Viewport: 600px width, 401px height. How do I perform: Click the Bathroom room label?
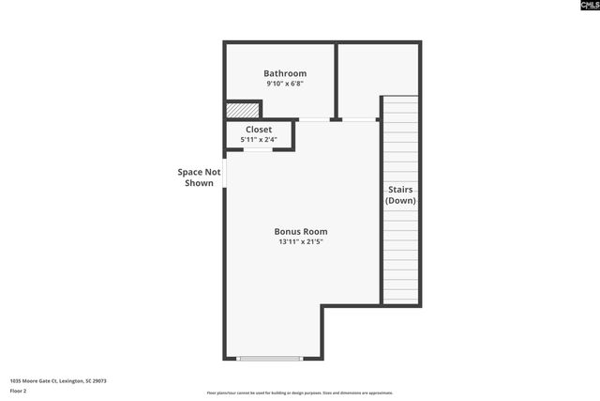tap(284, 73)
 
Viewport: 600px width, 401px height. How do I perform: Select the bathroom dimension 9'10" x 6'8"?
tap(284, 84)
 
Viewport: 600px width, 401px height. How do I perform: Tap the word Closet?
tap(259, 130)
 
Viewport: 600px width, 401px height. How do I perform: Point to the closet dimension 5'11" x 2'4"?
tap(259, 140)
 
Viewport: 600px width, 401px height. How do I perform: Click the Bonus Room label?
tap(300, 231)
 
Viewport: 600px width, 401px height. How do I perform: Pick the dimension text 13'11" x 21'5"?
tap(300, 241)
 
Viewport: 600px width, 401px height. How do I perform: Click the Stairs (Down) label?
tap(400, 194)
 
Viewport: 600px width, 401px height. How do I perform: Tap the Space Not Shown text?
tap(199, 177)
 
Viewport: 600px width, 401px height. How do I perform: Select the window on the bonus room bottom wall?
tap(270, 358)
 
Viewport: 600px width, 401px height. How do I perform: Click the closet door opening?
tap(259, 149)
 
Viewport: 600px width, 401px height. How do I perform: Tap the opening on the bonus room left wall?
tap(225, 173)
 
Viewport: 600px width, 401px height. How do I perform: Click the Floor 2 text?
tap(19, 390)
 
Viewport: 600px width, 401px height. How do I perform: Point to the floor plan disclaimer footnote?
tap(300, 393)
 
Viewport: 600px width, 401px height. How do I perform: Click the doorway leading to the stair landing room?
tap(360, 119)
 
